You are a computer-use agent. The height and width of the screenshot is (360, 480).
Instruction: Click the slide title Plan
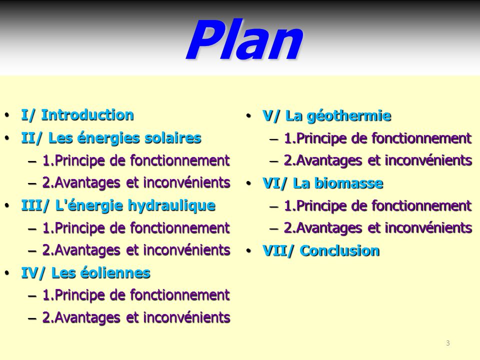(244, 40)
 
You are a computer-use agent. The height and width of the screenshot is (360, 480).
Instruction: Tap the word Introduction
(87, 115)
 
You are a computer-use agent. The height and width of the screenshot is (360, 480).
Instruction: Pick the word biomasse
(348, 183)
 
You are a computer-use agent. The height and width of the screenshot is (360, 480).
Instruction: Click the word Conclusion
(340, 251)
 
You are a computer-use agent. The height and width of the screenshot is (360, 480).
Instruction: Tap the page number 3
(448, 343)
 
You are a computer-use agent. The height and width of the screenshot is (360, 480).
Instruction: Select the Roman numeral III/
(35, 205)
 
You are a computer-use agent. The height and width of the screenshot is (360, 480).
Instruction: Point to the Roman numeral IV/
(33, 273)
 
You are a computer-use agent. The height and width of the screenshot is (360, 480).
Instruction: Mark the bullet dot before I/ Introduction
(7, 115)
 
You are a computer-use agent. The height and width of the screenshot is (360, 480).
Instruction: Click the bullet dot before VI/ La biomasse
(248, 183)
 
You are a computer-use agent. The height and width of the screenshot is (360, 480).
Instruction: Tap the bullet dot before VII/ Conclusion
(248, 251)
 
